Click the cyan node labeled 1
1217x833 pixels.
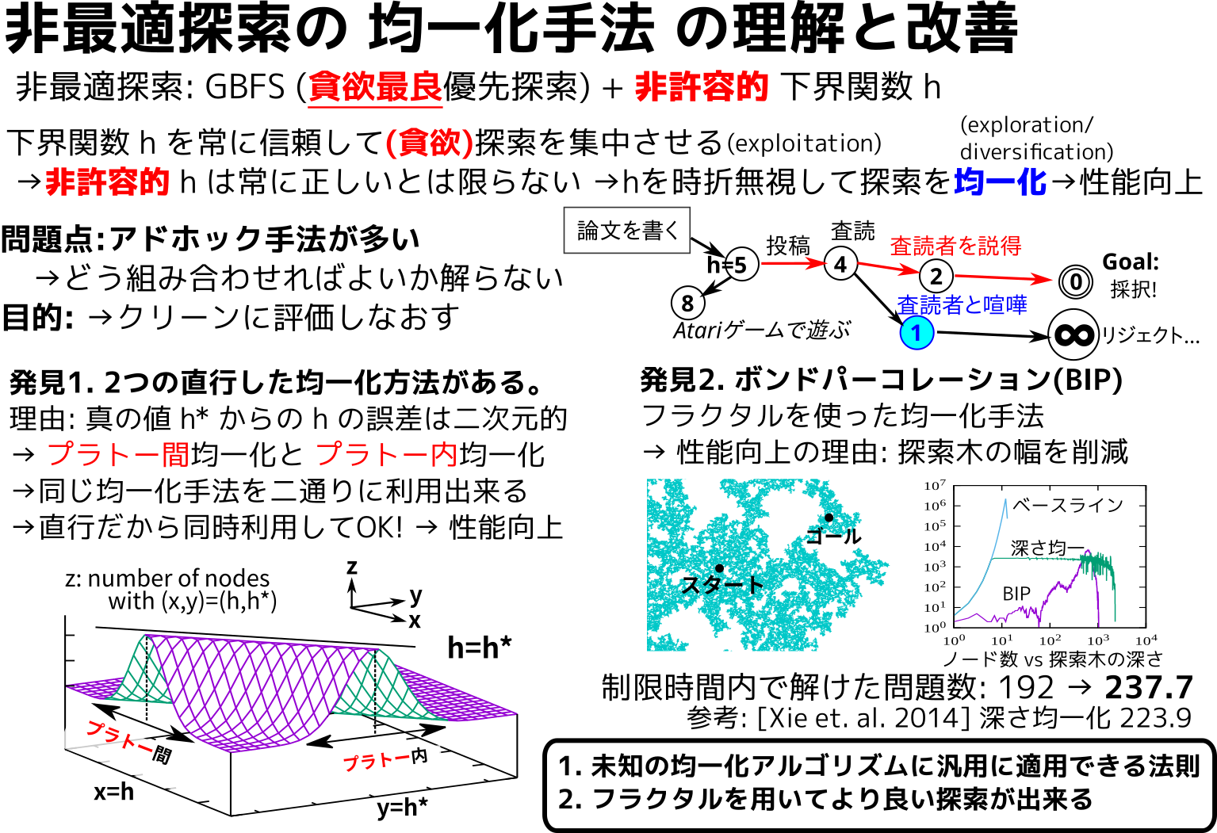point(917,333)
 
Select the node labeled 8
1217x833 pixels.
point(687,303)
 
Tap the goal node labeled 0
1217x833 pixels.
point(1075,282)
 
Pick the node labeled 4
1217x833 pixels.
point(840,264)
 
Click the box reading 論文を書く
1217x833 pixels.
point(627,230)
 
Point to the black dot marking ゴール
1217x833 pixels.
point(829,518)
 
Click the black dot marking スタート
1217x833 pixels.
point(719,568)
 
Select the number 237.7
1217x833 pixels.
point(1149,687)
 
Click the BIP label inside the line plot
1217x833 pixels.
point(1016,594)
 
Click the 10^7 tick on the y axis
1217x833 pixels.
point(935,485)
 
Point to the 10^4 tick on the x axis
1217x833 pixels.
point(1146,640)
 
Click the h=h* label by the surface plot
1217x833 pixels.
point(479,647)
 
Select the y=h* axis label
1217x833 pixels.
point(403,808)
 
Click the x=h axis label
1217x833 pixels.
point(114,793)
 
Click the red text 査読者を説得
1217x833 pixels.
point(955,246)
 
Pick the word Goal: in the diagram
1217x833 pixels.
point(1131,262)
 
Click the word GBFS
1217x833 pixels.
point(244,87)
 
